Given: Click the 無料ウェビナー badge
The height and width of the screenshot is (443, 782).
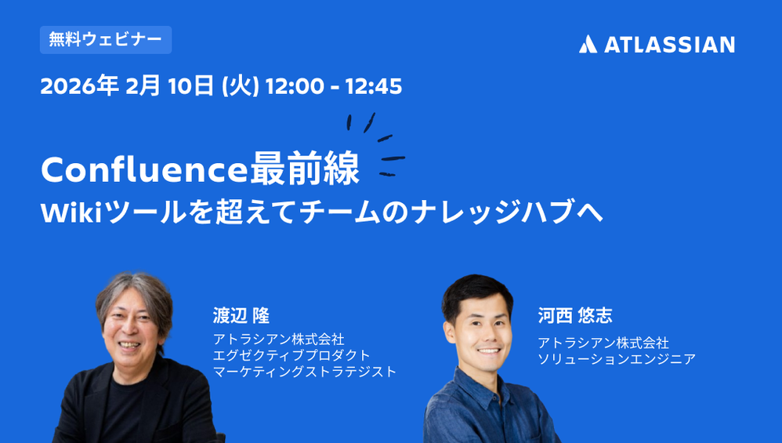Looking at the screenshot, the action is coord(106,40).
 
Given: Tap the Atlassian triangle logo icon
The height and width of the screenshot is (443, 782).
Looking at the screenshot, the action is coord(588,45).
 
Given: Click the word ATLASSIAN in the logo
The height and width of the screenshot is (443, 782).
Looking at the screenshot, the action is coord(669,45).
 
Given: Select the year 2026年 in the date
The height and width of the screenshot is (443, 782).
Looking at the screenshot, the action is coord(79,85).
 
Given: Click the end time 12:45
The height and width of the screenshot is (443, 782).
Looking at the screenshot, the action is coord(374,86).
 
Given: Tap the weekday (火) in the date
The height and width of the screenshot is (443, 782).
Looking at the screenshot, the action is coord(240,86).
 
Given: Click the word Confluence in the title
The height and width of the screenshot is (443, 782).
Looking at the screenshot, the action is coord(144,169).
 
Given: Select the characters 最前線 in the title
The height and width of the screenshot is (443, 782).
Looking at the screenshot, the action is coord(305,169).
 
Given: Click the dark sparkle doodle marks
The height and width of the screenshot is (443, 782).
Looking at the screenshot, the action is coord(377,145).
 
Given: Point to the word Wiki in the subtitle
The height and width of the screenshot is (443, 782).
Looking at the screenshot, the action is coord(71,212).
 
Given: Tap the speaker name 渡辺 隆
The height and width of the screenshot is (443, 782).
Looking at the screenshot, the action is coord(241,316).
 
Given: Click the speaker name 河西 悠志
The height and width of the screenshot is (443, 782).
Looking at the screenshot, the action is coord(575,316).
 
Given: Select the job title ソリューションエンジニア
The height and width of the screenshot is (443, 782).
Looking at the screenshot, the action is coord(617,359).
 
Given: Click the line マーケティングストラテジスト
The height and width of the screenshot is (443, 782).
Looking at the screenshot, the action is coord(305,372).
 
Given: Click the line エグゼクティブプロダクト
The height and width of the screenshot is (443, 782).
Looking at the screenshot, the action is coord(291,355).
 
